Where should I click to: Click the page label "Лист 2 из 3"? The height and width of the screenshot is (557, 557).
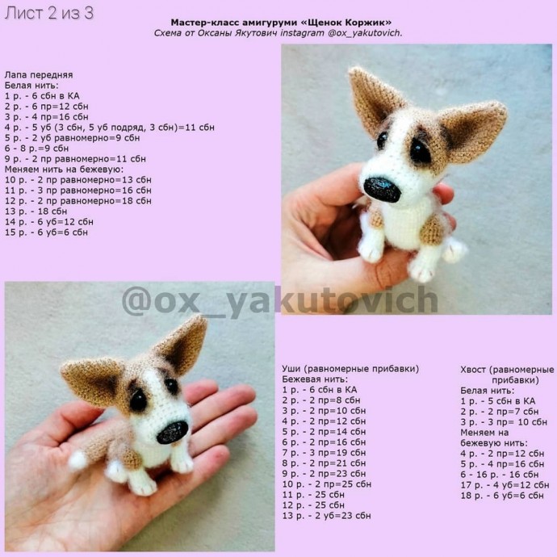[x=49, y=13]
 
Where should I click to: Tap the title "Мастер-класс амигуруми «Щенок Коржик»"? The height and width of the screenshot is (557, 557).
[x=281, y=23]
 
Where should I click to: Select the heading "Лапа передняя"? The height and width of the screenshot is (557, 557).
[x=39, y=75]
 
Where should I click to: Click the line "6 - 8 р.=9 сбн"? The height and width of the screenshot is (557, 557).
[x=36, y=149]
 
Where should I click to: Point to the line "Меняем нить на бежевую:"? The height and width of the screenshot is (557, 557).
[x=64, y=169]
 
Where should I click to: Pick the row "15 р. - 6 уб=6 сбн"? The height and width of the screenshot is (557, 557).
[x=46, y=232]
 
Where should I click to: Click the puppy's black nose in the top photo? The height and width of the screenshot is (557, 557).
[x=382, y=190]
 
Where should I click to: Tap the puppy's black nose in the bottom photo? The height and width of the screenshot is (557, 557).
[x=172, y=432]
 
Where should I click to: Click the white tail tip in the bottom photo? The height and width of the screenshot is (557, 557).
[x=77, y=460]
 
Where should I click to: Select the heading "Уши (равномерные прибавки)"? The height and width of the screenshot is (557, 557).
[x=350, y=369]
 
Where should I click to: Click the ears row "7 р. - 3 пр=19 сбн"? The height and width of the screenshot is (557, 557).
[x=324, y=453]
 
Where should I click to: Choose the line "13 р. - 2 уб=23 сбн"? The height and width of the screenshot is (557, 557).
[x=326, y=516]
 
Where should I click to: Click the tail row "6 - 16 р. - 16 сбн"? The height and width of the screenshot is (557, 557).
[x=500, y=475]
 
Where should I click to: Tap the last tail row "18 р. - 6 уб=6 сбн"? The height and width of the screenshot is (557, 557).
[x=502, y=496]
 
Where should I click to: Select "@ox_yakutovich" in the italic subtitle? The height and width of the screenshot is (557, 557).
[x=365, y=33]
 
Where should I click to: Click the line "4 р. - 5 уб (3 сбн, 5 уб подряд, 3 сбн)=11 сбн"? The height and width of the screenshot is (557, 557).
[x=110, y=128]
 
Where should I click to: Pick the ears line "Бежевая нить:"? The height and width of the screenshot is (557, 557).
[x=315, y=379]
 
